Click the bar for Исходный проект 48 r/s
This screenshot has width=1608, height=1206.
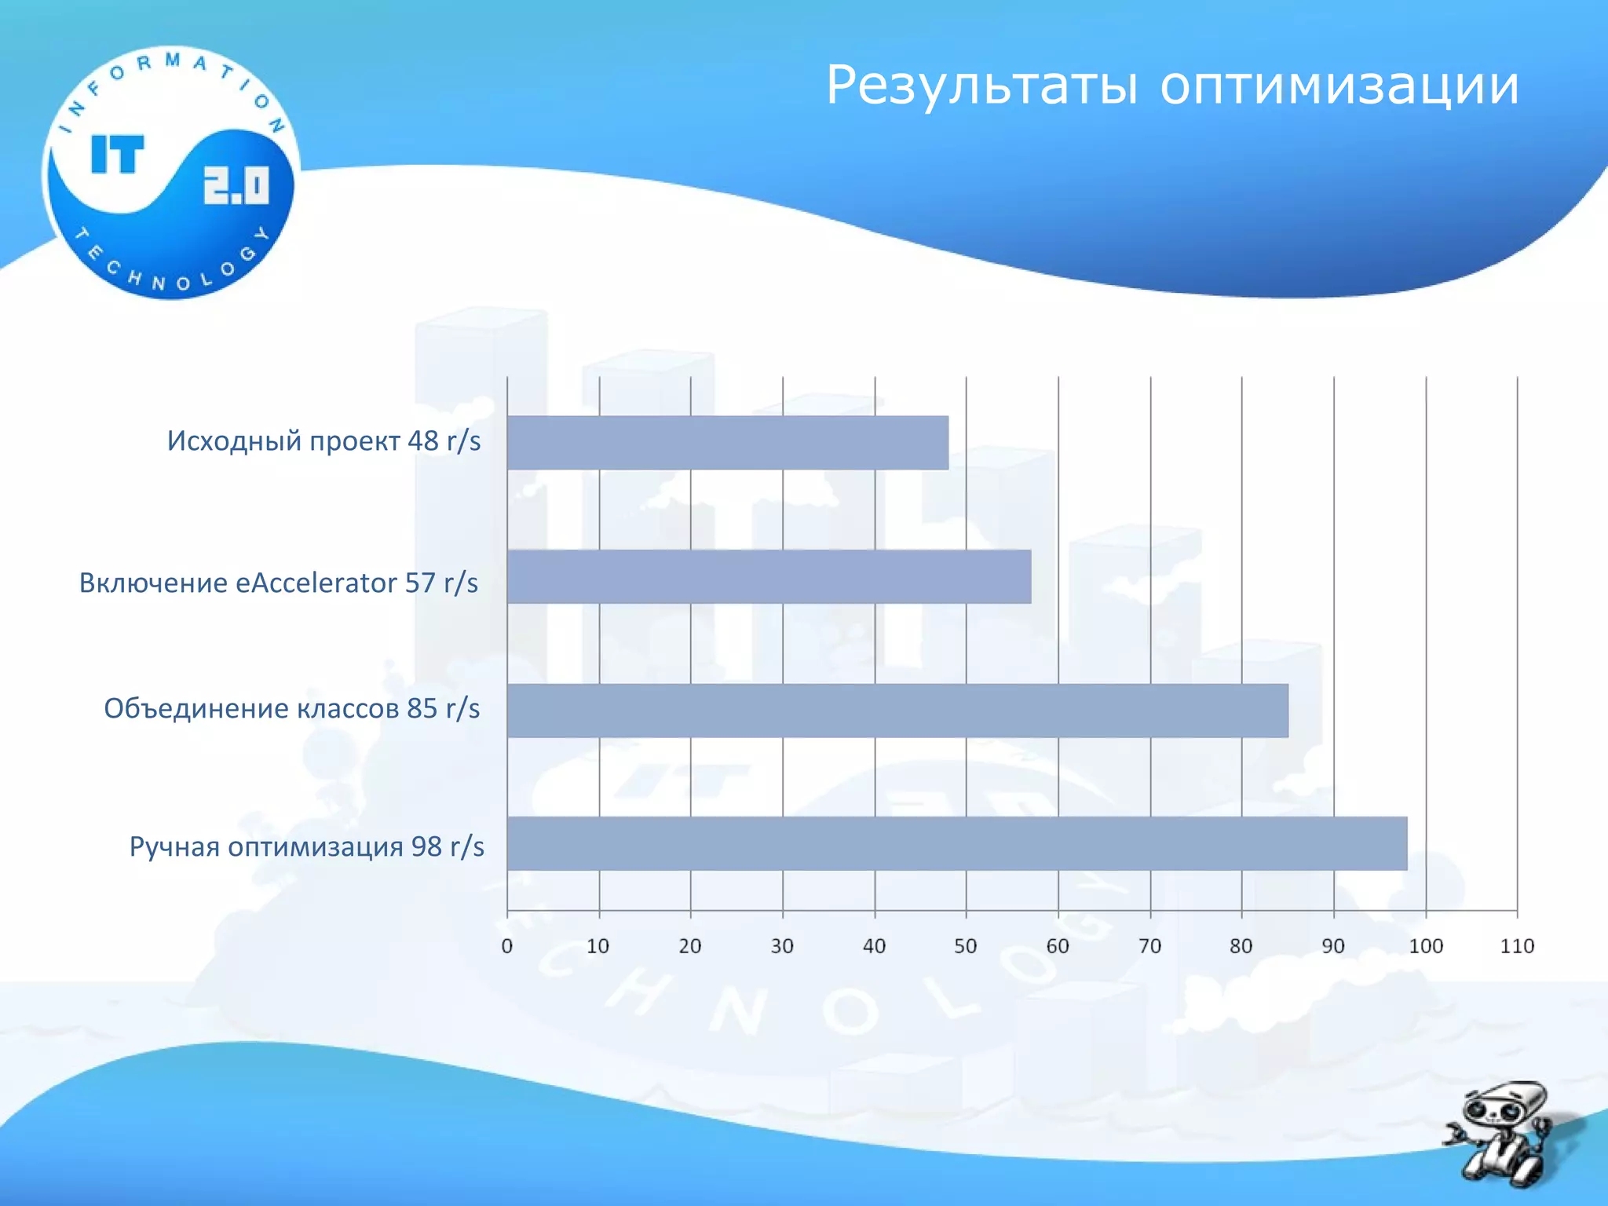pyautogui.click(x=727, y=443)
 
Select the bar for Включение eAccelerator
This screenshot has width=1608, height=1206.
pyautogui.click(x=769, y=576)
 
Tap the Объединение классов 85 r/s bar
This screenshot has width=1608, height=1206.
pyautogui.click(x=897, y=711)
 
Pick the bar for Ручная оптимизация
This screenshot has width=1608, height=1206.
pyautogui.click(x=956, y=843)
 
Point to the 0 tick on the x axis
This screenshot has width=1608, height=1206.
pyautogui.click(x=507, y=946)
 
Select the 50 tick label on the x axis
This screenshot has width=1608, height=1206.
pyautogui.click(x=966, y=946)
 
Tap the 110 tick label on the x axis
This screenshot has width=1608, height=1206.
pyautogui.click(x=1517, y=946)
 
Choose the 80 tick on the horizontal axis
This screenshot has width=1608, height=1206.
pyautogui.click(x=1241, y=946)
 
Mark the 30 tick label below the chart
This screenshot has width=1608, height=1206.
pyautogui.click(x=782, y=946)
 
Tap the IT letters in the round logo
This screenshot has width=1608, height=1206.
pyautogui.click(x=118, y=154)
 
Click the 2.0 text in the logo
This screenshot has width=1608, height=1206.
pyautogui.click(x=236, y=186)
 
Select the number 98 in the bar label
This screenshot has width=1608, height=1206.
pyautogui.click(x=426, y=846)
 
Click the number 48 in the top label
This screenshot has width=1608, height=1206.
pyautogui.click(x=422, y=441)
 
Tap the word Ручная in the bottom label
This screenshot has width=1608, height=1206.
pyautogui.click(x=174, y=847)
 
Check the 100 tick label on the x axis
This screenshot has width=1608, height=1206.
pyautogui.click(x=1426, y=946)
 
